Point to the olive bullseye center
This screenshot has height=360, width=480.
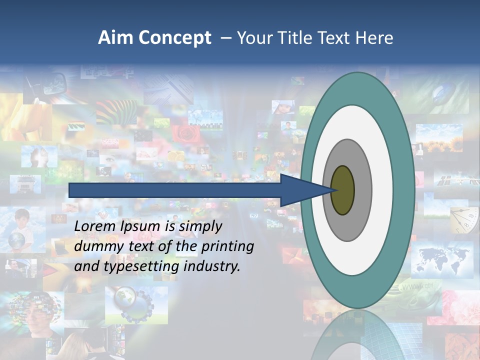pos(342,190)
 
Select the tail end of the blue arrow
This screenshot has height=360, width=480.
pos(70,190)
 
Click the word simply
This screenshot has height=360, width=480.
pos(200,226)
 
